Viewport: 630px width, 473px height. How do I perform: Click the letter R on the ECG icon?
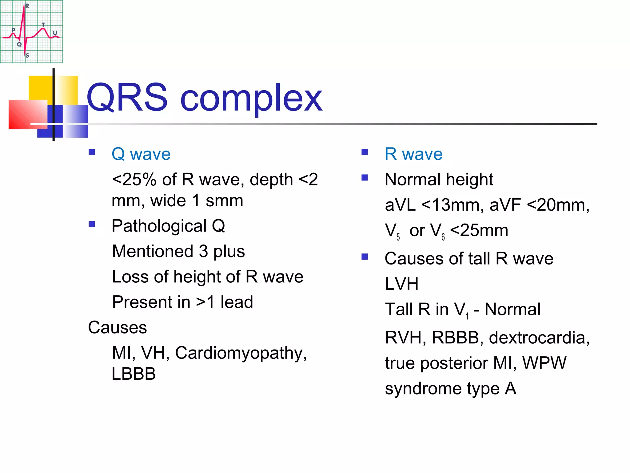27,6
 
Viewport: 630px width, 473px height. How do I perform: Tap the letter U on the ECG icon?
55,33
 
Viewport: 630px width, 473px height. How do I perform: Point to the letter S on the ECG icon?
27,55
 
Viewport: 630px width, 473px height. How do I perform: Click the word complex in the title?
251,98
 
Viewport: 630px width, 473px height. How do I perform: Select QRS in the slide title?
127,98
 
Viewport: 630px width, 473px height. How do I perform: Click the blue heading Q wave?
141,154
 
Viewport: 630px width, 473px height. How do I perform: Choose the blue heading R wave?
413,154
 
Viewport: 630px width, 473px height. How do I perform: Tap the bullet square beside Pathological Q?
92,224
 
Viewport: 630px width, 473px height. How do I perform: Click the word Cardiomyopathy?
241,353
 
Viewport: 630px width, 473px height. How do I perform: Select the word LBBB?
134,374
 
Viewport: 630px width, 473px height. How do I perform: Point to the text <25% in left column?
134,180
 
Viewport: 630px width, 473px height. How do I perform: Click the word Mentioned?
153,251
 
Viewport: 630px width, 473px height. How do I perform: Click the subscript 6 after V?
443,237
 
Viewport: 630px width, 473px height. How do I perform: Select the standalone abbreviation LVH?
402,284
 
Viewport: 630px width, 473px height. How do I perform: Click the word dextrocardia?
539,338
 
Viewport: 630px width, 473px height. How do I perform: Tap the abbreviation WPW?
544,363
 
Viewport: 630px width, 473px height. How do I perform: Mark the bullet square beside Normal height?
365,178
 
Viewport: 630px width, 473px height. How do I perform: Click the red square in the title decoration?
28,114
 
